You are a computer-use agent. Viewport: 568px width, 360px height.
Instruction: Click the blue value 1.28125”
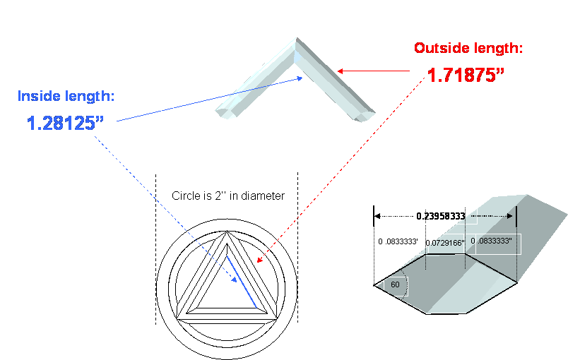[64, 123]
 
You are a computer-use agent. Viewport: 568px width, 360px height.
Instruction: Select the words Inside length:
[71, 95]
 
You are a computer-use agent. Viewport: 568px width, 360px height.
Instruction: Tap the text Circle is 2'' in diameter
[228, 196]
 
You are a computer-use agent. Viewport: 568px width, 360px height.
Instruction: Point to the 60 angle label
[395, 284]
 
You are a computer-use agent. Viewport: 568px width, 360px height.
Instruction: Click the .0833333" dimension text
[495, 242]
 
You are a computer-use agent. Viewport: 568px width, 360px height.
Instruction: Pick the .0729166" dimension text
[446, 243]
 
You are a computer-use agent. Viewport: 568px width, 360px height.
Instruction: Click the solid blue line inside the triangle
[242, 283]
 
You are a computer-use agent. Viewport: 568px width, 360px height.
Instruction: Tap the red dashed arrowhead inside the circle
[259, 260]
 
